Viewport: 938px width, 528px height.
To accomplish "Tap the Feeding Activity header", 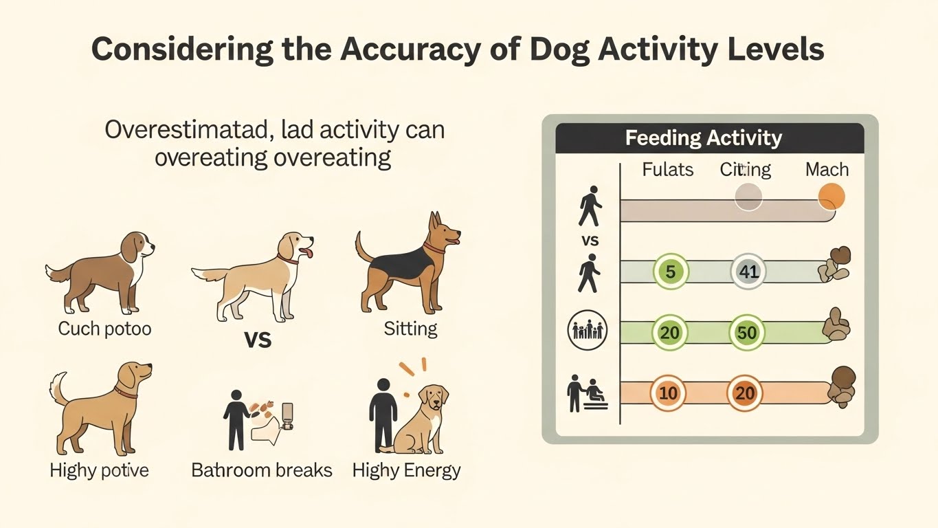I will pos(703,138).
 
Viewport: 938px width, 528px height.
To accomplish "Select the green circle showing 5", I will pos(670,272).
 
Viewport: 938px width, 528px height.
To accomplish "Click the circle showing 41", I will pos(748,272).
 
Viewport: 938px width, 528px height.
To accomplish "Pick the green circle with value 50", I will pos(746,333).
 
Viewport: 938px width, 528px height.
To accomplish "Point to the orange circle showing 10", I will pos(668,394).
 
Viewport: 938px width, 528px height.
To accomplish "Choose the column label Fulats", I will pos(667,170).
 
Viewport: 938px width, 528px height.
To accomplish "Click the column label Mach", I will pos(827,170).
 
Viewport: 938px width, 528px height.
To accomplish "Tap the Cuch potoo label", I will pos(104,329).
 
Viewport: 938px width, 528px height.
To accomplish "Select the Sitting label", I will pos(410,329).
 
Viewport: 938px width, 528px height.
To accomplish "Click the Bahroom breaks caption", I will pos(262,470).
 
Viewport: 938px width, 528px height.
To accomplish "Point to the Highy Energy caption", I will pos(406,470).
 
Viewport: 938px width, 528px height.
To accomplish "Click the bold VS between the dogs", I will pos(258,339).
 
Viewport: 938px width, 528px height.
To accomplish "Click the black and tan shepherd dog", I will pos(405,265).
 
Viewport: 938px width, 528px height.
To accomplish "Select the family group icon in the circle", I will pos(588,331).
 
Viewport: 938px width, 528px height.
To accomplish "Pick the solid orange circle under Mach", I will pos(831,197).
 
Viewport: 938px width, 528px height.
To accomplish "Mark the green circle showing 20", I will pos(669,333).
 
